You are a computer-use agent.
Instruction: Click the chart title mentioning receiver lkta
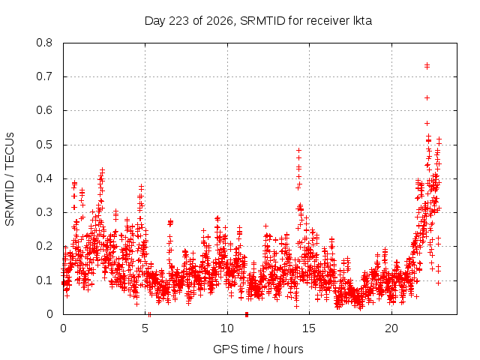(x=258, y=21)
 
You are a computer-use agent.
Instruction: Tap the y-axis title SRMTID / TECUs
(x=10, y=179)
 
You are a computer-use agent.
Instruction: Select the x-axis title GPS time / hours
(x=258, y=349)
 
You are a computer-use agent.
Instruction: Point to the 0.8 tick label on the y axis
(x=44, y=43)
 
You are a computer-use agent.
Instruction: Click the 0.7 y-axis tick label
(x=44, y=76)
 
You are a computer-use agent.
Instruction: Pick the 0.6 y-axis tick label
(x=44, y=110)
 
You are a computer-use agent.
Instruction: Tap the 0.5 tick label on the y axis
(x=44, y=145)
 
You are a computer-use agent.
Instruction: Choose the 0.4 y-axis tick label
(x=44, y=178)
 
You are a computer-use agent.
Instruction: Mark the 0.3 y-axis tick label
(x=44, y=212)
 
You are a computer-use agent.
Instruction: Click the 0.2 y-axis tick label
(x=44, y=247)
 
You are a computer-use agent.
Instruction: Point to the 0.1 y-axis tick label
(x=44, y=280)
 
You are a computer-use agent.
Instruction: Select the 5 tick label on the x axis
(x=145, y=328)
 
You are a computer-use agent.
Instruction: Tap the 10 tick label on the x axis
(x=227, y=328)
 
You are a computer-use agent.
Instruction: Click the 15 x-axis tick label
(x=309, y=328)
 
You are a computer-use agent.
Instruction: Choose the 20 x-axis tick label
(x=391, y=328)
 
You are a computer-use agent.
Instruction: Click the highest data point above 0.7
(x=427, y=65)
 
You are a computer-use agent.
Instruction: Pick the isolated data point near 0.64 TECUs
(x=427, y=98)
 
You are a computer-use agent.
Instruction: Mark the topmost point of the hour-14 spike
(x=298, y=150)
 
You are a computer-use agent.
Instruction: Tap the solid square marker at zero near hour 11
(x=247, y=314)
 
